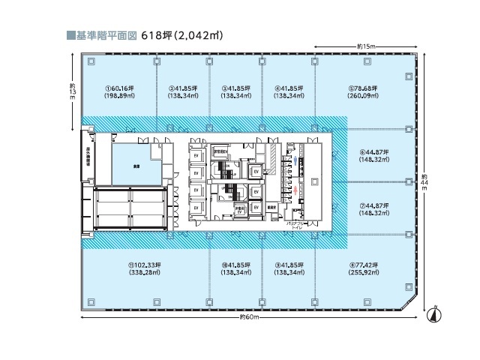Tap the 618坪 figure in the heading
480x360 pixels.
click(160, 34)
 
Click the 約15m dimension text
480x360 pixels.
click(366, 46)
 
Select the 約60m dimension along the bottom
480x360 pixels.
click(247, 317)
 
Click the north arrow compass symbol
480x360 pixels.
click(433, 313)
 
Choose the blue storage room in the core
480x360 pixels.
click(137, 163)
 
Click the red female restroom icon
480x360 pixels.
click(297, 192)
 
